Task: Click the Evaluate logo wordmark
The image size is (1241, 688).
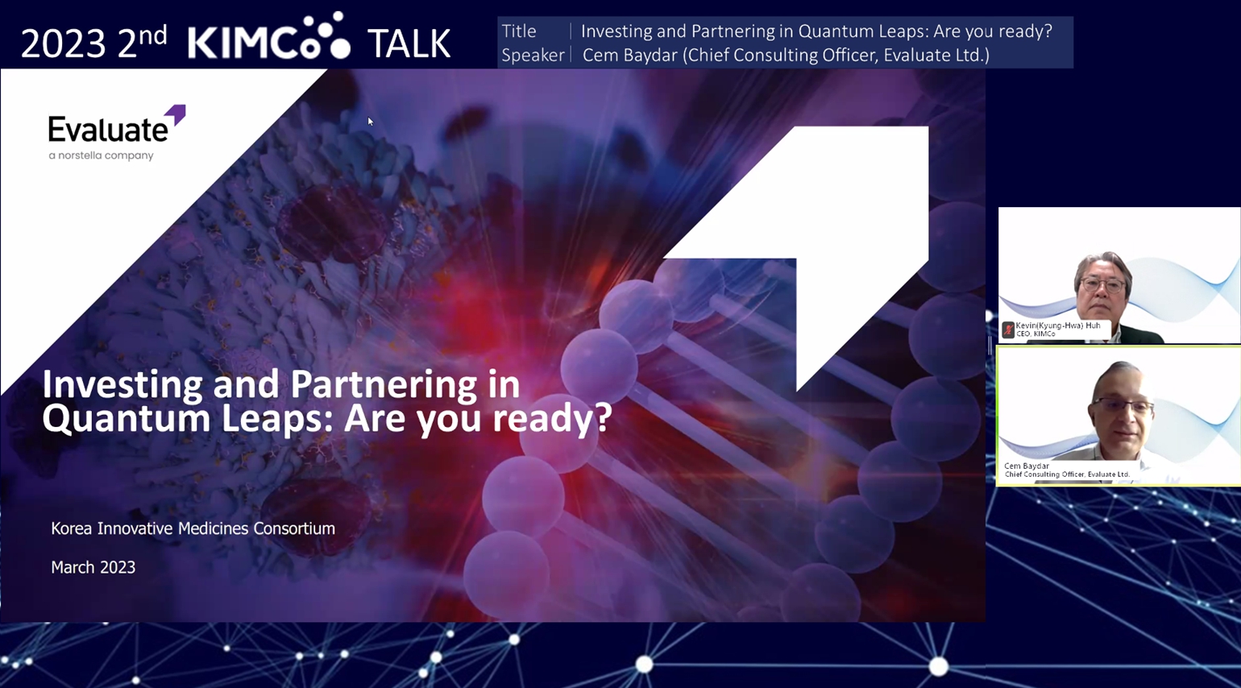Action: point(108,129)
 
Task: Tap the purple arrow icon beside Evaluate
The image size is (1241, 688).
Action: point(176,114)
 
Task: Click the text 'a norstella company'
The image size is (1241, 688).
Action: point(101,155)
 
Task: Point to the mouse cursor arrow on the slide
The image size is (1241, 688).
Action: point(371,122)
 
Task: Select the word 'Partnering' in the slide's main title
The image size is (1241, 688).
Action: point(384,383)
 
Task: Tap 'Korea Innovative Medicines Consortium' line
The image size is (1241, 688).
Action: point(193,528)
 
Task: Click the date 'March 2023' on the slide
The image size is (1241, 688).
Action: point(93,567)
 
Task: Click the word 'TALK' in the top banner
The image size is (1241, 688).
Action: point(409,44)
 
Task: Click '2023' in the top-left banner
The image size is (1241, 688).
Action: point(63,44)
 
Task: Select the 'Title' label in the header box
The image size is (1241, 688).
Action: point(519,31)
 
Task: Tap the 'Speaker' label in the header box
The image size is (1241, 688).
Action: point(533,56)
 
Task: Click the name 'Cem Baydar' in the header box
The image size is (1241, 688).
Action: point(630,55)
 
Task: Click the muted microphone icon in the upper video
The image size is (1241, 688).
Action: point(1008,330)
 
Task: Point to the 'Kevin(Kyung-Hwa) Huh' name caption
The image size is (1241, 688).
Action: point(1057,325)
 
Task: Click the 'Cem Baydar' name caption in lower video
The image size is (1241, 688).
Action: point(1027,466)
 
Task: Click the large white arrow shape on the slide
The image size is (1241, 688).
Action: point(831,222)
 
